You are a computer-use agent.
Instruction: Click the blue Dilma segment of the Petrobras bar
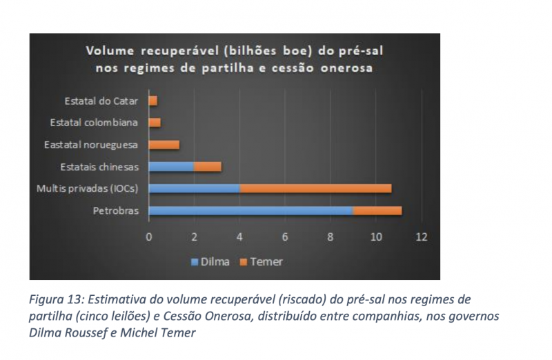(x=250, y=210)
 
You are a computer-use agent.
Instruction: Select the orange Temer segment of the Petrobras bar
(x=377, y=210)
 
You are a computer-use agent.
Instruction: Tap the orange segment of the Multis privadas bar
(x=315, y=188)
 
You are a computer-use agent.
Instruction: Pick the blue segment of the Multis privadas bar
(x=194, y=188)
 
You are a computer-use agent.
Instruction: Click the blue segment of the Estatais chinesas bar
(x=171, y=166)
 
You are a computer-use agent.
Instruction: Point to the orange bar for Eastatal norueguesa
(x=164, y=144)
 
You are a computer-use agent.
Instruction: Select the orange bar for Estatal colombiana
(x=155, y=122)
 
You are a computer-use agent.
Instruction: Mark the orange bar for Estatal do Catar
(x=153, y=101)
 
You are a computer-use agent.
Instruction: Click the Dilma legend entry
(x=210, y=261)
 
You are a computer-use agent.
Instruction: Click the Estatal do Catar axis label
(x=101, y=101)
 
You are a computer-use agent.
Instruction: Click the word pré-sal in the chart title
(x=357, y=52)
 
